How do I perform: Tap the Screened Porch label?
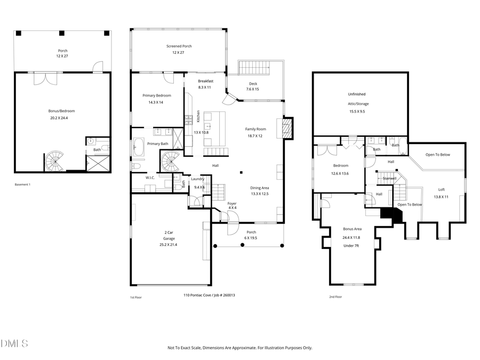(179, 46)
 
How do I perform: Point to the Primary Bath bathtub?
(138, 148)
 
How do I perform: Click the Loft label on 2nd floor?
(442, 189)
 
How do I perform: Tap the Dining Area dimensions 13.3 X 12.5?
(260, 194)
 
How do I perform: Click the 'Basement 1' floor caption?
(23, 185)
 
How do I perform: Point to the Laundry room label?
(198, 179)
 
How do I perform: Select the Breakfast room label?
(205, 81)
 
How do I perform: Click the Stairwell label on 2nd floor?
(389, 178)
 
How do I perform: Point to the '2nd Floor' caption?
(335, 297)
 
